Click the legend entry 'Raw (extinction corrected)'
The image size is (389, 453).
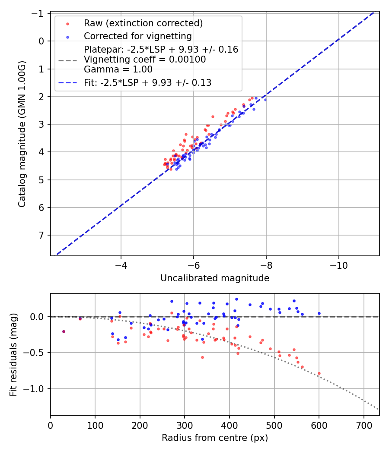(x=143, y=23)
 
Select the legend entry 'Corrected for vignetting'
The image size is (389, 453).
(x=137, y=36)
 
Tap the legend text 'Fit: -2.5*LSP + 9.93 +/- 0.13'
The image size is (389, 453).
(x=147, y=83)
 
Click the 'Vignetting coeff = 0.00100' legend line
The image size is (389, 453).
(x=145, y=59)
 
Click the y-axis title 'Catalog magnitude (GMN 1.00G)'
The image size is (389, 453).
(x=22, y=134)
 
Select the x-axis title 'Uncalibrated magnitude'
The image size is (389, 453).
(x=215, y=278)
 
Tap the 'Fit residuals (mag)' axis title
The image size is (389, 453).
(x=13, y=355)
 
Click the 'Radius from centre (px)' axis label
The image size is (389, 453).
(x=215, y=438)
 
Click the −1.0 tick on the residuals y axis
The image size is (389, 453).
(x=36, y=389)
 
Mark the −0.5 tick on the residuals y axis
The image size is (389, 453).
(x=36, y=352)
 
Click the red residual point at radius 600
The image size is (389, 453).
(x=319, y=373)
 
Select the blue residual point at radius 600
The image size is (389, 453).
(x=319, y=313)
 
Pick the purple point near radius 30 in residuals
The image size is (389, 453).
(x=64, y=331)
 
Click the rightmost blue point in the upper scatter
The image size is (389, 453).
(x=265, y=100)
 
